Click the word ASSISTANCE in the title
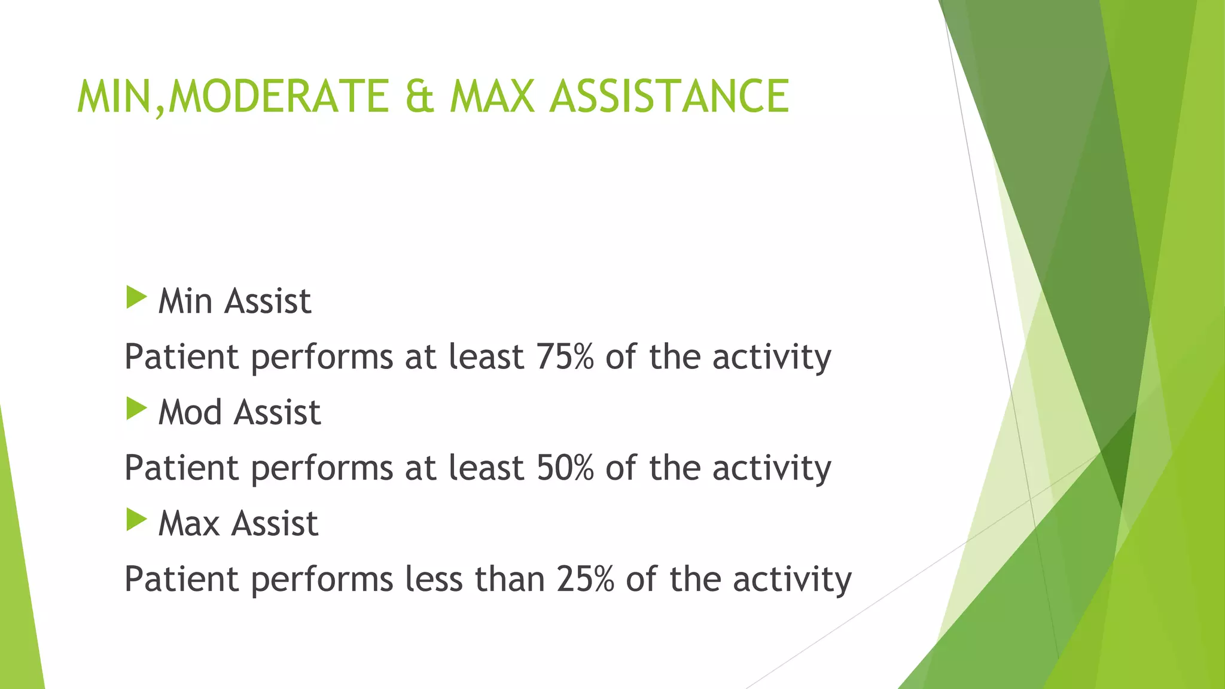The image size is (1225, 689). click(669, 96)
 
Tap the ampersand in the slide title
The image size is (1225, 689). click(419, 96)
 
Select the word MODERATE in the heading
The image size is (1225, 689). click(279, 96)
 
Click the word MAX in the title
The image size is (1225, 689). click(492, 96)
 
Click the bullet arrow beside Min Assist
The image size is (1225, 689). click(136, 298)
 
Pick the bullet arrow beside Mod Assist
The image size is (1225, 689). click(136, 409)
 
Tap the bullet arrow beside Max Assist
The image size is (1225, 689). click(136, 520)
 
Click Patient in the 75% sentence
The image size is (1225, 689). click(182, 356)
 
